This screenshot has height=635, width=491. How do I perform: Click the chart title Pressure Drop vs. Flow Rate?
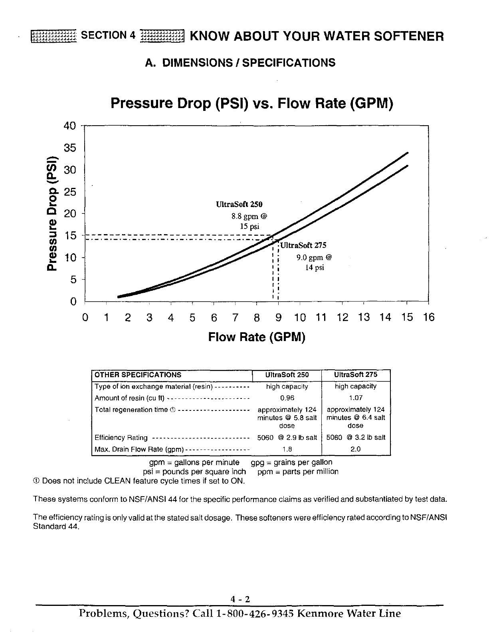pos(252,103)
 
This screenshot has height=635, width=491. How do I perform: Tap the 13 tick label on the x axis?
pos(364,317)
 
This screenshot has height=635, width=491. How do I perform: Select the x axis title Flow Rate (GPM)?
pos(257,337)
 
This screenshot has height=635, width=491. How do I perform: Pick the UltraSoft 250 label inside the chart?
pos(239,205)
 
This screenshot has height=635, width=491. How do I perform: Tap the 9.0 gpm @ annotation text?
pos(314,257)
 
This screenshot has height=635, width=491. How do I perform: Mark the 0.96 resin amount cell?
pos(287,398)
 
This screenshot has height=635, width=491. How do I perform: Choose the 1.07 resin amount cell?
pos(355,398)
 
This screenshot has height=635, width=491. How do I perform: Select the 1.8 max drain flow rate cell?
pos(287,449)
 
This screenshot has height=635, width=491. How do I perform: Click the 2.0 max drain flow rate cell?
pos(355,449)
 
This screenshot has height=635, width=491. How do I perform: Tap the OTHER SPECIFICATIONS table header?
pos(138,375)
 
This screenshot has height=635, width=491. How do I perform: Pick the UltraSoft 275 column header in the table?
pos(355,375)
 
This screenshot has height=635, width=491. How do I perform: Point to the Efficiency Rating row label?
pos(121,438)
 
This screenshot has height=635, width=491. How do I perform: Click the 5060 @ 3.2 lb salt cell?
pos(356,438)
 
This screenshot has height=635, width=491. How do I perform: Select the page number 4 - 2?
pos(240,599)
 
